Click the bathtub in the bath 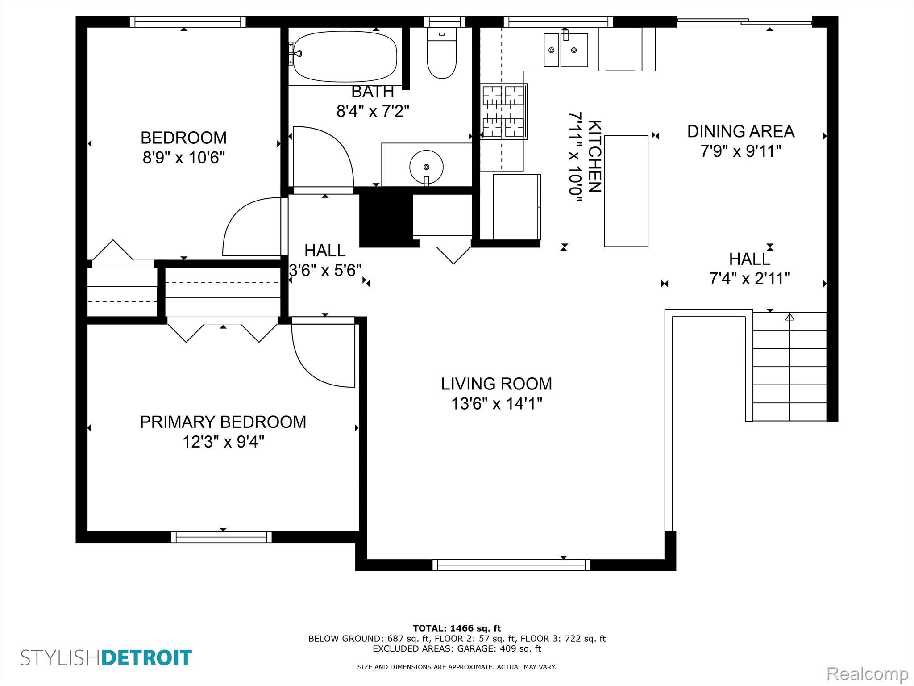tap(345, 57)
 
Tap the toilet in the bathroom tap(442, 53)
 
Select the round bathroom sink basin tap(426, 167)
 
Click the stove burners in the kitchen tap(503, 112)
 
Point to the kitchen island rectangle tap(626, 191)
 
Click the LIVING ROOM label tap(496, 384)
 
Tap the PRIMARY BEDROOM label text tap(223, 422)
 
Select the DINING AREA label tap(741, 131)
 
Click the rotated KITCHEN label tap(594, 156)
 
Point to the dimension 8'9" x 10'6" tap(183, 158)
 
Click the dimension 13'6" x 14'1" tap(496, 404)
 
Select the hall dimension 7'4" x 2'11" tap(750, 279)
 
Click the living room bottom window tap(511, 565)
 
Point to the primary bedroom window tap(221, 537)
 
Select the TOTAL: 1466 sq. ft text tap(457, 628)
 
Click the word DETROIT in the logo tap(147, 658)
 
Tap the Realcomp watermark tap(868, 673)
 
